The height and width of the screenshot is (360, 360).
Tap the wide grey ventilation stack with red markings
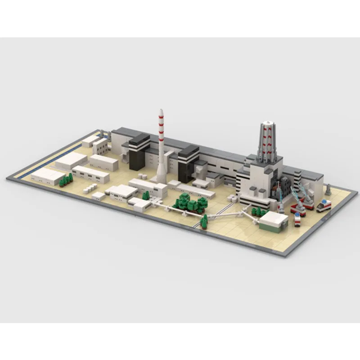coord(266,142)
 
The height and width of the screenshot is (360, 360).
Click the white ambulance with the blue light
coord(324,206)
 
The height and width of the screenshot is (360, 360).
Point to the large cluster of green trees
coord(188,202)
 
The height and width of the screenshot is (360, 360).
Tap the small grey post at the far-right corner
coord(328,190)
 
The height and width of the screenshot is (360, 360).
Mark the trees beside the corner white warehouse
coord(66,180)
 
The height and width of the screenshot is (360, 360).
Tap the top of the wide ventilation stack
coord(267,123)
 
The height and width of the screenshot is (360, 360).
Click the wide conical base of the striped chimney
coord(161,178)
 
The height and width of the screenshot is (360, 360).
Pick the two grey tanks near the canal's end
coord(103,134)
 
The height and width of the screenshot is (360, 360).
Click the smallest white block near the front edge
coord(98,196)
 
